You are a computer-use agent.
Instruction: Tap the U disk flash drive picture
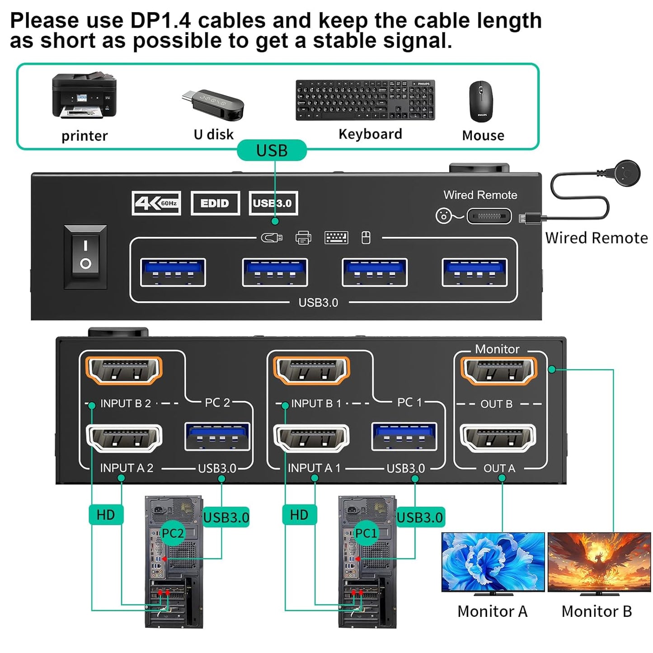(213, 105)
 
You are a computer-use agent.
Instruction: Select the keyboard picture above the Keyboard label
(365, 100)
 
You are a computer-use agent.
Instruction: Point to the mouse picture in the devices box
(481, 102)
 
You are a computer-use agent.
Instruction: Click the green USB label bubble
(272, 150)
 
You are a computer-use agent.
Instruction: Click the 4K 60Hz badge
(156, 203)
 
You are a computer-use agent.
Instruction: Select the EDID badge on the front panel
(215, 203)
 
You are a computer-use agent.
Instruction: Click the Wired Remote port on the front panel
(489, 216)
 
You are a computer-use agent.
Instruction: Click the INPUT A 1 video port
(312, 438)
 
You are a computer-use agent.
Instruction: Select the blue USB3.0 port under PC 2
(217, 437)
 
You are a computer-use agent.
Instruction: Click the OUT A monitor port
(498, 438)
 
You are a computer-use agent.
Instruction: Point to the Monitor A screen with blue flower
(493, 561)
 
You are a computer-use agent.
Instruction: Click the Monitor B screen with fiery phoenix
(599, 561)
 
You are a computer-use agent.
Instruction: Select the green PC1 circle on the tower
(366, 533)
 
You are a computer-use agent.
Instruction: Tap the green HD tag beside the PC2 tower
(106, 515)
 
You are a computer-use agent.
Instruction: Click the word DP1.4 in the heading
(160, 20)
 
